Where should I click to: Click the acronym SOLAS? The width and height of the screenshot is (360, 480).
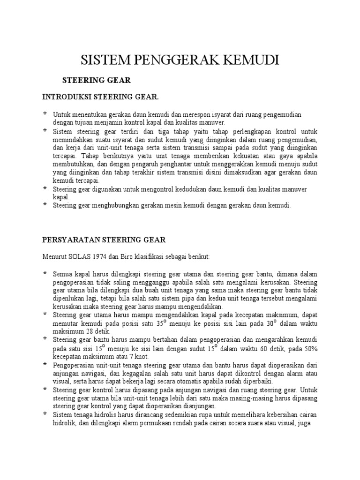pos(81,257)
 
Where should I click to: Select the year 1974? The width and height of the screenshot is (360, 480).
pos(100,257)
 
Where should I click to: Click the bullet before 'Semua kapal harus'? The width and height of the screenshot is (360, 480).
pos(45,273)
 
